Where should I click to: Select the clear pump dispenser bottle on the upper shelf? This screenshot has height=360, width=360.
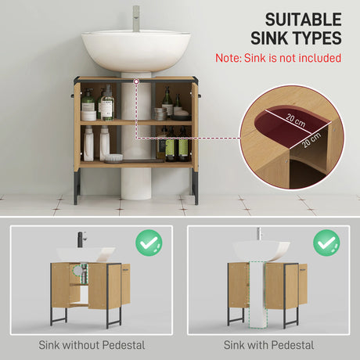106,104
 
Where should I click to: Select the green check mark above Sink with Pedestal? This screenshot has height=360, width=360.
326,243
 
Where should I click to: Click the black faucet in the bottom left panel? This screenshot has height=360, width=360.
80,239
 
